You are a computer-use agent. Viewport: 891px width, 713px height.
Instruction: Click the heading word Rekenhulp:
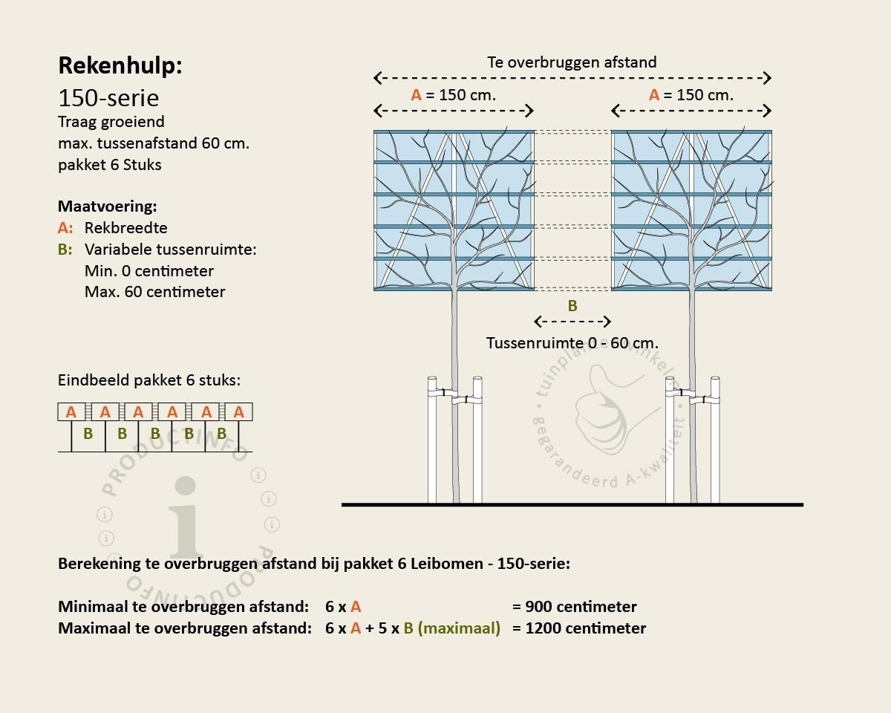(x=120, y=66)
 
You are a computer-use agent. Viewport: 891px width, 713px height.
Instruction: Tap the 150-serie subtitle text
(x=108, y=98)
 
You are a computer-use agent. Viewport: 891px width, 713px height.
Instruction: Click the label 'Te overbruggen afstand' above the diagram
(x=572, y=62)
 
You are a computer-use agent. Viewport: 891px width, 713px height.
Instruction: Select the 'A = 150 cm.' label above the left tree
(x=454, y=95)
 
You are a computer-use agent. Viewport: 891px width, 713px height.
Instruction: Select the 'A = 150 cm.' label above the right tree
(x=691, y=95)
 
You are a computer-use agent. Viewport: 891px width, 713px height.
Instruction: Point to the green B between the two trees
(x=572, y=306)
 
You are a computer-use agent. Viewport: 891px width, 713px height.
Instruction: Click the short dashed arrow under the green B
(x=572, y=322)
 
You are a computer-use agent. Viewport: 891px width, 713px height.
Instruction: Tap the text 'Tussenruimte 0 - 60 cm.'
(x=572, y=343)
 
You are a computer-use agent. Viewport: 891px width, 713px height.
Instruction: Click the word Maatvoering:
(x=108, y=206)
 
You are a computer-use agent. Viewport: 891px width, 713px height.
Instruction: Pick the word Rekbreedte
(x=126, y=228)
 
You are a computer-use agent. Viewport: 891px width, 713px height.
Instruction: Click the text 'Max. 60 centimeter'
(x=155, y=292)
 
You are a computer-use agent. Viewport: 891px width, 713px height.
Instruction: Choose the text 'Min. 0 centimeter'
(x=149, y=271)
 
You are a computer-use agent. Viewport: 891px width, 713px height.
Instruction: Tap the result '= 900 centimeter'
(x=574, y=607)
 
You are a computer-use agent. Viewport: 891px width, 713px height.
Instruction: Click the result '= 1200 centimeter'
(x=579, y=628)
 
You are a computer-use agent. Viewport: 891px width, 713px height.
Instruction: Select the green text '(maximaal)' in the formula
(x=459, y=628)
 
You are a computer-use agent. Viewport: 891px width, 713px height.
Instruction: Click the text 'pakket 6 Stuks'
(x=110, y=165)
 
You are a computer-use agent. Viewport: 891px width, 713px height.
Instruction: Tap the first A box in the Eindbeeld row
(x=71, y=411)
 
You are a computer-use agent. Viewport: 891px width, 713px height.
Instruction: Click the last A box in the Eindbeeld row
(x=239, y=411)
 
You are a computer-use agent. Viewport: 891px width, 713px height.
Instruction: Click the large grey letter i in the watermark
(x=186, y=518)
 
